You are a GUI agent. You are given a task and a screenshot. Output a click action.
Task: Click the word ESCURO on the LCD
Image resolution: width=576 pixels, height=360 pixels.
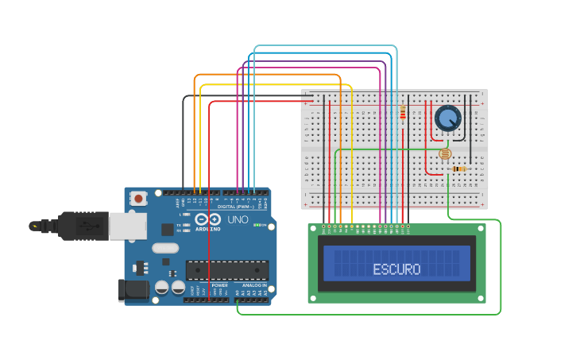[396, 269]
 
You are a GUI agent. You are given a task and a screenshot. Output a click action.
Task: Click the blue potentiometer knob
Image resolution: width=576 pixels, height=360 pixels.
[448, 118]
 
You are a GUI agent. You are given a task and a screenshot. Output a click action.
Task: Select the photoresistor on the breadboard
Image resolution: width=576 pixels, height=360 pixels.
[444, 154]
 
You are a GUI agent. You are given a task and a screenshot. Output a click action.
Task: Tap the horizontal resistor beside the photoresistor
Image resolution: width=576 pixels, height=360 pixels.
[458, 168]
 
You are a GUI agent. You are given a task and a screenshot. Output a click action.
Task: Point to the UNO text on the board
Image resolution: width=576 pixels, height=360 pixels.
[238, 219]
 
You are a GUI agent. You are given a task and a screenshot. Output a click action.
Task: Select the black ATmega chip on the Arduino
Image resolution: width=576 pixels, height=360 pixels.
[227, 269]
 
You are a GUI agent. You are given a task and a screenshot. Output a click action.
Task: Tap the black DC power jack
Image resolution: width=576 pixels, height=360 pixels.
[132, 290]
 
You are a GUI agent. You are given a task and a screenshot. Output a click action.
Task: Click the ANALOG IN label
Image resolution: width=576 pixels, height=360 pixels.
[254, 285]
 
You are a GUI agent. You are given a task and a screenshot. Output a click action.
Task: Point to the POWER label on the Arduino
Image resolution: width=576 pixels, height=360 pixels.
[219, 285]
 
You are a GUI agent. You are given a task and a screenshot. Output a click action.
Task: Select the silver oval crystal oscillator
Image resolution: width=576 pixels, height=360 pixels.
[165, 248]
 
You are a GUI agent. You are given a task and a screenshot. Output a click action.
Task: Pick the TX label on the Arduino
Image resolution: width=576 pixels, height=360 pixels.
[180, 225]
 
